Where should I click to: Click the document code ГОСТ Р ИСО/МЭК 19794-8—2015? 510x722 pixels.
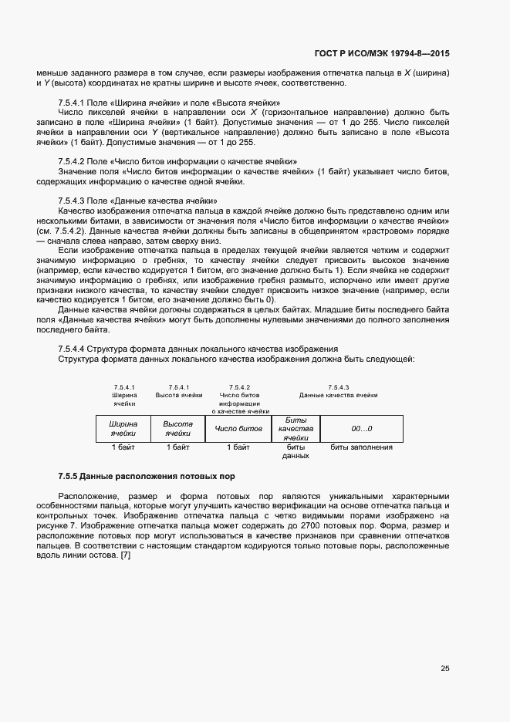tap(382, 53)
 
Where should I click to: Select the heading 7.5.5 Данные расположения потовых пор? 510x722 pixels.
tap(147, 476)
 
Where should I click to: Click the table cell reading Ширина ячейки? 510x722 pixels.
tap(123, 429)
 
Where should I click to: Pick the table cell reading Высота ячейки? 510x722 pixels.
tap(177, 429)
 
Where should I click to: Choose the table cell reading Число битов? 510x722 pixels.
tap(238, 429)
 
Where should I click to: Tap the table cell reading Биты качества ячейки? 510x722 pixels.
tap(296, 429)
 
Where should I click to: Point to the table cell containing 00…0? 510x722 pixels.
tap(361, 429)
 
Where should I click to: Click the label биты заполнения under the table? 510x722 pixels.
tap(361, 447)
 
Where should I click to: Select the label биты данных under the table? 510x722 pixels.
tap(296, 451)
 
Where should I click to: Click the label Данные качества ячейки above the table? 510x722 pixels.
tap(338, 394)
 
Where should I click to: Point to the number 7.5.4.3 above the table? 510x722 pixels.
tap(338, 386)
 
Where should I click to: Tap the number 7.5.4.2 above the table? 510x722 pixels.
tap(239, 386)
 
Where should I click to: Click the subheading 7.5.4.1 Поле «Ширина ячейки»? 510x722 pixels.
tap(169, 103)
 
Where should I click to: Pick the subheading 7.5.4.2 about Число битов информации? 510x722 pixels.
tap(177, 161)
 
